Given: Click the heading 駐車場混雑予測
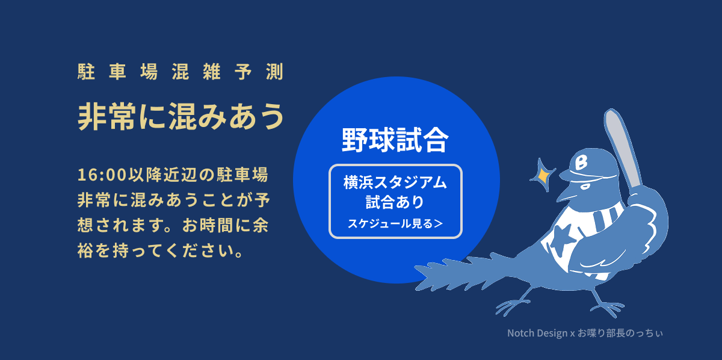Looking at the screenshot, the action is (x=180, y=72).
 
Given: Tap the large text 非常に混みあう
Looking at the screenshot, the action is (x=181, y=116).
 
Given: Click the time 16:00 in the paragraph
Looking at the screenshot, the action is (x=102, y=175).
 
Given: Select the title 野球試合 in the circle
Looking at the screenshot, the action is (x=395, y=140).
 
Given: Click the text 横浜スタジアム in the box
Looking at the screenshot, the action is (x=395, y=182).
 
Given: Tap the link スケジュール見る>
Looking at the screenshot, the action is (x=395, y=223).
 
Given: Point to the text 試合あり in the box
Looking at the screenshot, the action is (x=395, y=202).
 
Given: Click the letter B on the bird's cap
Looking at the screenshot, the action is (x=581, y=163).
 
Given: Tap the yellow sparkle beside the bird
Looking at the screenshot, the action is (x=543, y=175).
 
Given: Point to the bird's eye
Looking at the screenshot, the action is (x=585, y=186).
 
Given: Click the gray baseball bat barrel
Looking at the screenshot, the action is (x=622, y=147).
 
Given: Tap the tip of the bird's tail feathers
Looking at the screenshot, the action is (x=415, y=267).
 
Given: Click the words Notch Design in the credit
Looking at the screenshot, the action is (x=537, y=333).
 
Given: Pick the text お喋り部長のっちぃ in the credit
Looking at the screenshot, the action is (x=620, y=333).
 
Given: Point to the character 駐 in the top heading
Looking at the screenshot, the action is (x=86, y=72).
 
